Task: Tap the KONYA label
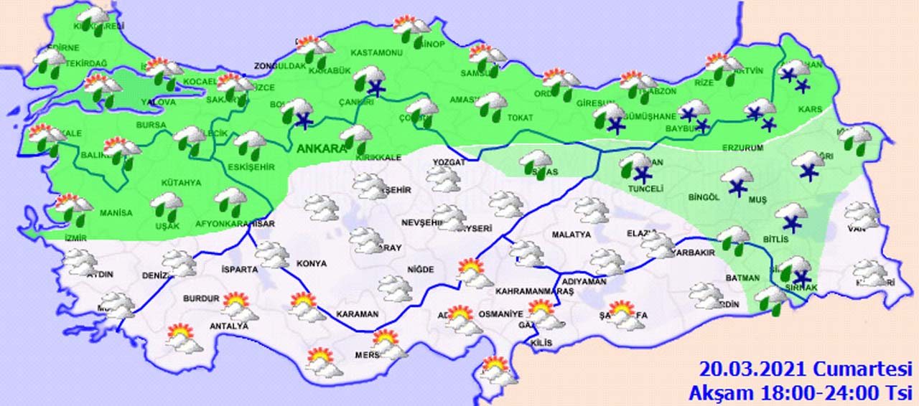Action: (311, 264)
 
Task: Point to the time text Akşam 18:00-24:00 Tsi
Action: (801, 392)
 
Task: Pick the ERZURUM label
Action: (743, 148)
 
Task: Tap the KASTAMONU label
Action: (376, 53)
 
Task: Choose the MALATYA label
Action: (571, 235)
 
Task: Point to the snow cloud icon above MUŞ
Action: (737, 179)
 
